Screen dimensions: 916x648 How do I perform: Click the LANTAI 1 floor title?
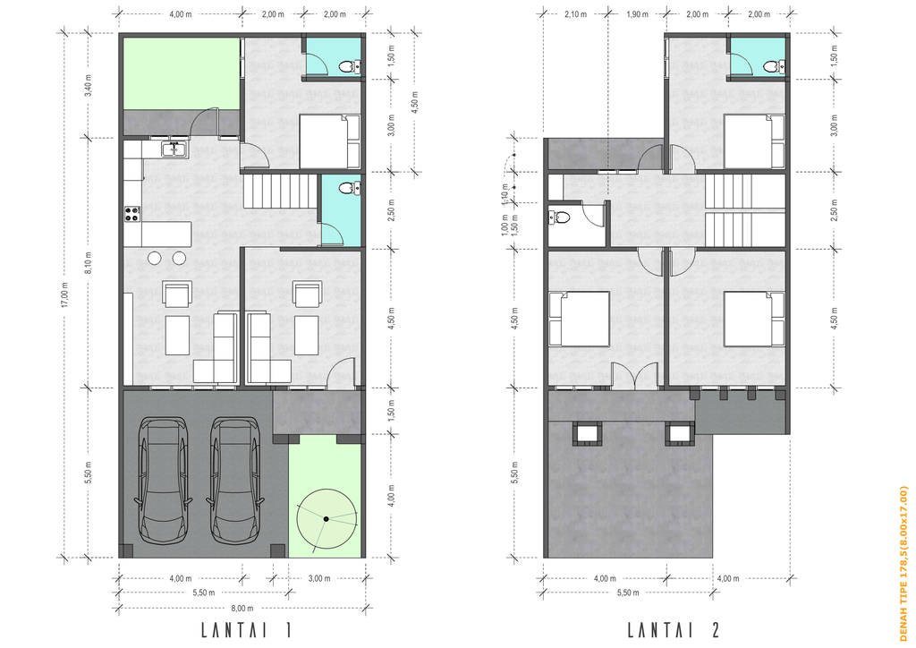pos(246,630)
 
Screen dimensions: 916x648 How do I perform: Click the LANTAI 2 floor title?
pos(674,630)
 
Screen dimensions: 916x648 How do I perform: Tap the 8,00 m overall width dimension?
pos(242,609)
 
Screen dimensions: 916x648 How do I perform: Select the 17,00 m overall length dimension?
pos(64,294)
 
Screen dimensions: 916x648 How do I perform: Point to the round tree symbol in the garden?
pos(326,519)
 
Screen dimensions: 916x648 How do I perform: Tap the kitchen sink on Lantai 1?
pos(174,149)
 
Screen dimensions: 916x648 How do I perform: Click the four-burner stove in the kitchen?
pos(132,214)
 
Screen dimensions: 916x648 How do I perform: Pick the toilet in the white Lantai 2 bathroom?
pos(559,218)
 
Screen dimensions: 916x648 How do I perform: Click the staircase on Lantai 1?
pos(280,191)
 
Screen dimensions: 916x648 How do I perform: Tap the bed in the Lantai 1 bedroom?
pos(329,141)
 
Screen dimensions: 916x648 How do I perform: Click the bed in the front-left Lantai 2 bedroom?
pos(579,319)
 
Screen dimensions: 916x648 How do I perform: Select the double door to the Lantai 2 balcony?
pos(635,376)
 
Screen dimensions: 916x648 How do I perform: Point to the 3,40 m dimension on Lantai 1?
pos(89,86)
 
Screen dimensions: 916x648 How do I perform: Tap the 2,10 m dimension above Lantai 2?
pos(575,14)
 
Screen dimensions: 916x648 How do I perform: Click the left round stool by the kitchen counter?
pos(155,258)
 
